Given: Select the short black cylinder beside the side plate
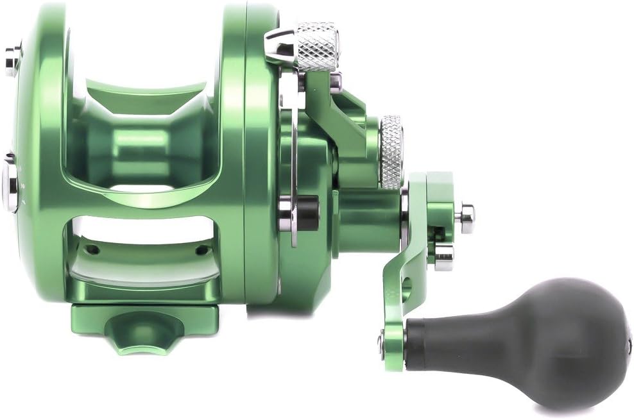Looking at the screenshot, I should click(x=309, y=213).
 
